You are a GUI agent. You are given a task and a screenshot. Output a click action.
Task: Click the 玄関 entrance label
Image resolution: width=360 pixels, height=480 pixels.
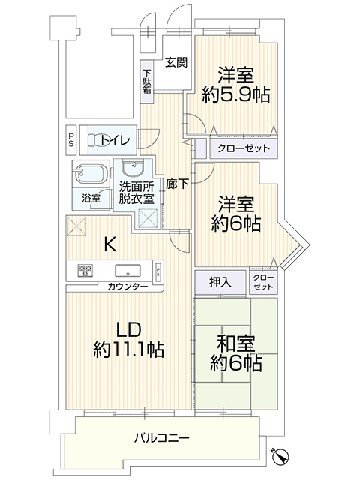tap(176, 62)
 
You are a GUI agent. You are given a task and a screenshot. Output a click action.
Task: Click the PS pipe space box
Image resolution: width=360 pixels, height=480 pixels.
tap(71, 139)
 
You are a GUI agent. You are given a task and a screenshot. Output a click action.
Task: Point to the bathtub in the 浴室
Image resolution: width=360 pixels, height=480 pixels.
tap(91, 174)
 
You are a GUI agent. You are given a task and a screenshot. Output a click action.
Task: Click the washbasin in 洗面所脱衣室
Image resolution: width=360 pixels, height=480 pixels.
tap(133, 169)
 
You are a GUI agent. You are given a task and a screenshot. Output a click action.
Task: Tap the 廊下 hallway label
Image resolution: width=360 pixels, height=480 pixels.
tap(177, 184)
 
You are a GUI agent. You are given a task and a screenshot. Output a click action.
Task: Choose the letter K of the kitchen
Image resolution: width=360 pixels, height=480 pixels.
tap(110, 244)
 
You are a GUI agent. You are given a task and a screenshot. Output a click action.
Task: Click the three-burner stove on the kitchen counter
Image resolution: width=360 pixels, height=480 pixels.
tap(85, 270)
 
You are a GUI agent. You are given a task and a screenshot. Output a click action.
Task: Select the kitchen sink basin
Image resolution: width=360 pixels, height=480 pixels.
tap(127, 270)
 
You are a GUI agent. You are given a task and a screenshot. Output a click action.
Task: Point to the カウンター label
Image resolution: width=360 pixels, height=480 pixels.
tap(127, 286)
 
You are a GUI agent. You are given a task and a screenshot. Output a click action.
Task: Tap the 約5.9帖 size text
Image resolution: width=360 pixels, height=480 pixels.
tap(235, 94)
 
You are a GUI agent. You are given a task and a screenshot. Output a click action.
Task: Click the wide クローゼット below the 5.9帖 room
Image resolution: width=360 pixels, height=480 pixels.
tap(244, 148)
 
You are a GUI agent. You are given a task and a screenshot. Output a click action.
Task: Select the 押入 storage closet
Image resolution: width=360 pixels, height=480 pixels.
tap(220, 282)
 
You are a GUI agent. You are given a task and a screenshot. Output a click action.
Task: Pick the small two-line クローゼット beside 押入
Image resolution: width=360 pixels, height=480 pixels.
tap(263, 283)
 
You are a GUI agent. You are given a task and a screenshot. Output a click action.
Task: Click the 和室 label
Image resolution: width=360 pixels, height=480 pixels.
tap(235, 344)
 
